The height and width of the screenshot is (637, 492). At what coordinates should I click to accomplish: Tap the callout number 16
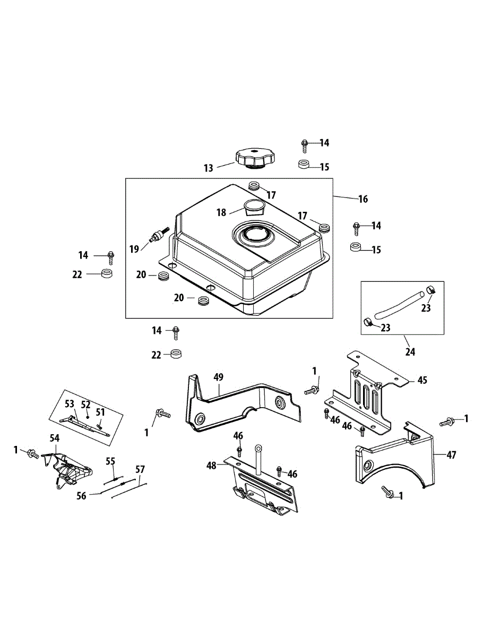coord(362,199)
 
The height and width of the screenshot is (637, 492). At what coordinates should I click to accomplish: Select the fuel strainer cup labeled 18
coord(254,206)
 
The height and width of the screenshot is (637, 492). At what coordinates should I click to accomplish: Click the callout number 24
coord(410,351)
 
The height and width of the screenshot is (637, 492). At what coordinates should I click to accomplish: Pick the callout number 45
coord(422,380)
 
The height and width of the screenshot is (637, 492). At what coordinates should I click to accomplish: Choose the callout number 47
coord(451,455)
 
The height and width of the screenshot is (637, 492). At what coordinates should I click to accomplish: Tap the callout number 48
coord(212,465)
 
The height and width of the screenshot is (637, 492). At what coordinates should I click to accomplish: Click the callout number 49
coord(218,377)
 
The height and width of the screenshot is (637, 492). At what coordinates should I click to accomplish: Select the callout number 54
coord(55,437)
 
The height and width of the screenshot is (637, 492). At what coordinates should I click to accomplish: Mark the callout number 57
coord(140,469)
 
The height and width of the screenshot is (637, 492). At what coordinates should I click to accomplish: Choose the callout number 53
coord(70,404)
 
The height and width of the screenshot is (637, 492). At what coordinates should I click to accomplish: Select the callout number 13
coord(208,168)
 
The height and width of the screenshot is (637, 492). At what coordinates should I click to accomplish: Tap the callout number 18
coord(221,212)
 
